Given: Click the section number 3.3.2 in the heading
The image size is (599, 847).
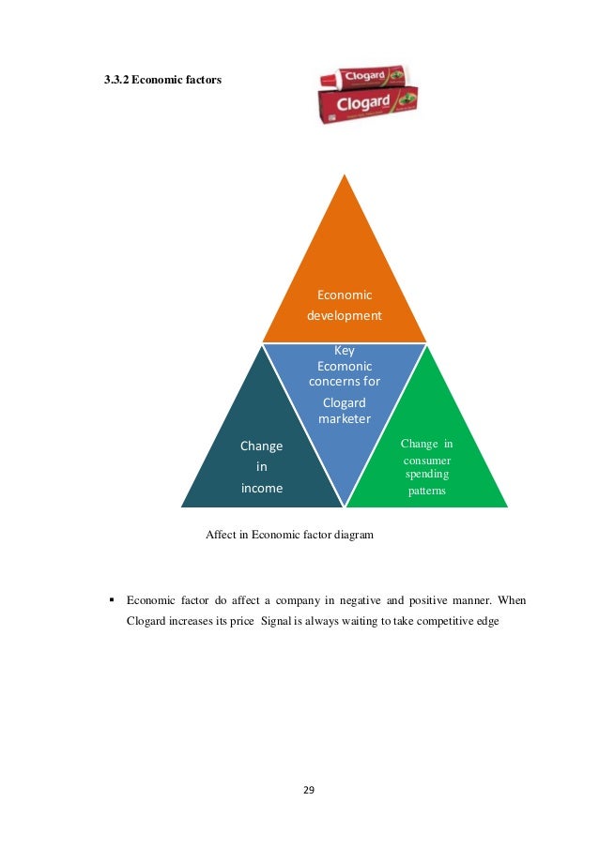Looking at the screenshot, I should coord(115,81).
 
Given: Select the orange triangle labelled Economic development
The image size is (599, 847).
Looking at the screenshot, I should coord(345,272).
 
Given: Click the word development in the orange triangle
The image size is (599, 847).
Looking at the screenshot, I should coord(345,315).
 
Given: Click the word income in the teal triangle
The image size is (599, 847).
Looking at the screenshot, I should coord(262,488).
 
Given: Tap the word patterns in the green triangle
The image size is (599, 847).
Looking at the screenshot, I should coord(426,492).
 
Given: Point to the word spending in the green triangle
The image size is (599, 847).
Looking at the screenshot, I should coord(426,476).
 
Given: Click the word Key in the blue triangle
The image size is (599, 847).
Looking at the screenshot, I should coord(345,350).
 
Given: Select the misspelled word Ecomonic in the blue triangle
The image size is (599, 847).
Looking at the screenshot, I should coord(345,366).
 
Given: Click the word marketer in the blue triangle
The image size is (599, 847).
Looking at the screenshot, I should coord(345,418).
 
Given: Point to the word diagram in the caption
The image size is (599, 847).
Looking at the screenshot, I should coord(351,535).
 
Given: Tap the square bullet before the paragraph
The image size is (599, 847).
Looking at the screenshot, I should coord(111,598).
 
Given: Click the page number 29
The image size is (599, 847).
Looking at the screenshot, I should coord(309,790).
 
